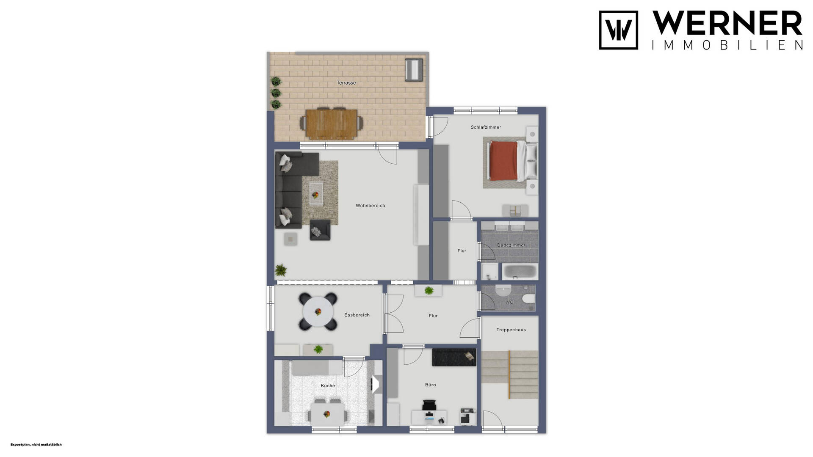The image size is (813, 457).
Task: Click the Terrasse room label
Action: tap(346, 83)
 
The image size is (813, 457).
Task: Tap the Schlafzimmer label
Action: tap(486, 127)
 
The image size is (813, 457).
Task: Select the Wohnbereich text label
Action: tap(370, 206)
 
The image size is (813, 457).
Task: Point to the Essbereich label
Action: tap(357, 315)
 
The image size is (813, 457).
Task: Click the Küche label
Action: tap(328, 385)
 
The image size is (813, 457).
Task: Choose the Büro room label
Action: tap(430, 385)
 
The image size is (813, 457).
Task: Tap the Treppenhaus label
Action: tap(511, 330)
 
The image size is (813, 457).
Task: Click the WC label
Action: tap(509, 302)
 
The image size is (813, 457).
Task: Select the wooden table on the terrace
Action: tap(332, 124)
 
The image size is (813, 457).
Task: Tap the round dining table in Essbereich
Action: tap(318, 312)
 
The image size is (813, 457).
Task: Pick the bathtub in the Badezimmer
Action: tap(520, 271)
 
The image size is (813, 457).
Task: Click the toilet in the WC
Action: tap(529, 299)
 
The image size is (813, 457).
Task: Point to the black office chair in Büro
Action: tap(429, 405)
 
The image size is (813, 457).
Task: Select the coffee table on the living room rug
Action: tap(315, 193)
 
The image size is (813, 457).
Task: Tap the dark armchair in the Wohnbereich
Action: tap(320, 230)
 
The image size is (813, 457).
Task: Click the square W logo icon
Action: tap(618, 30)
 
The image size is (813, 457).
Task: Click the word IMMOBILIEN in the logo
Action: tap(727, 45)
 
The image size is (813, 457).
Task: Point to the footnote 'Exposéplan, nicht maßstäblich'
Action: tap(36, 445)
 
